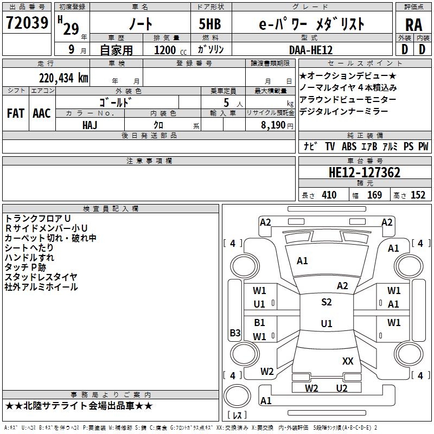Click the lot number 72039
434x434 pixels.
coord(27,23)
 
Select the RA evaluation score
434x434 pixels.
coord(414,25)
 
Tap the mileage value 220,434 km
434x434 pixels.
coord(63,78)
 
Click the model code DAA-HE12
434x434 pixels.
coord(311,50)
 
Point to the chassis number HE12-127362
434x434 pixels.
coord(365,173)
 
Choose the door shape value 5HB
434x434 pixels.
coord(210,24)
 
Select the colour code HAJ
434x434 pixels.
coord(90,125)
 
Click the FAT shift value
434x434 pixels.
coord(16,113)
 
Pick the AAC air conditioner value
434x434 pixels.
coord(42,113)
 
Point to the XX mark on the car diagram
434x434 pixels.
coord(348,361)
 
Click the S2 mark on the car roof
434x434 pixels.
coord(327,302)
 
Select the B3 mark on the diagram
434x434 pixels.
coord(235,333)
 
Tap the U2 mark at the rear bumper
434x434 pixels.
coord(342,388)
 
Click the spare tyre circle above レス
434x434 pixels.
coord(237,396)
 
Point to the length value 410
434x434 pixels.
coord(329,195)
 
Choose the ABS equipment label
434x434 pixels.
coord(349,146)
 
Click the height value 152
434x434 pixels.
coord(418,195)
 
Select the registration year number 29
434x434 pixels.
coord(71,29)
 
